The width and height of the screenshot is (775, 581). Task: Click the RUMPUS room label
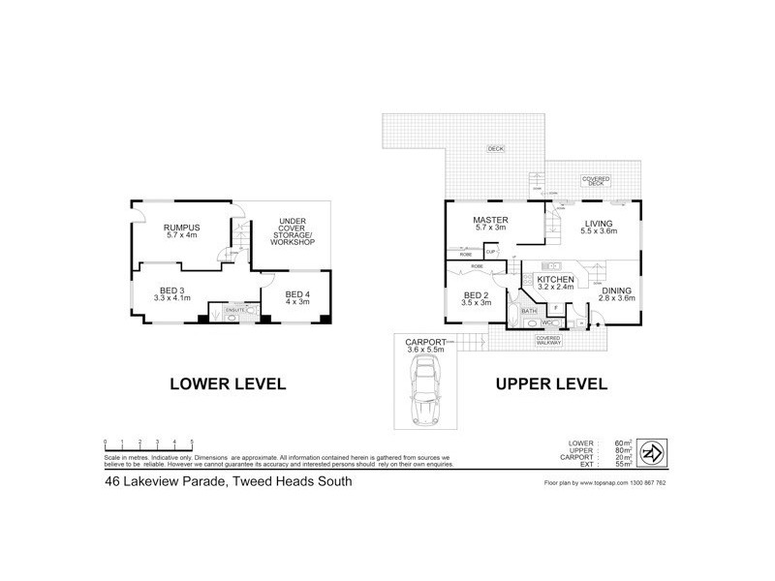pyautogui.click(x=184, y=226)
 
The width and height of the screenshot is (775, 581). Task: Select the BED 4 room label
pyautogui.click(x=296, y=293)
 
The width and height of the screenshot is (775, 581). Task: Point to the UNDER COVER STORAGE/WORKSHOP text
pyautogui.click(x=293, y=233)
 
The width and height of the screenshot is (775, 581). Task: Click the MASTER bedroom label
pyautogui.click(x=491, y=220)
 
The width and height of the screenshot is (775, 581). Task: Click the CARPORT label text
pyautogui.click(x=425, y=342)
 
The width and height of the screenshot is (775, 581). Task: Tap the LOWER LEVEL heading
pyautogui.click(x=228, y=383)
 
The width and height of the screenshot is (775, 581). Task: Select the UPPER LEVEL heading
pyautogui.click(x=551, y=383)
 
